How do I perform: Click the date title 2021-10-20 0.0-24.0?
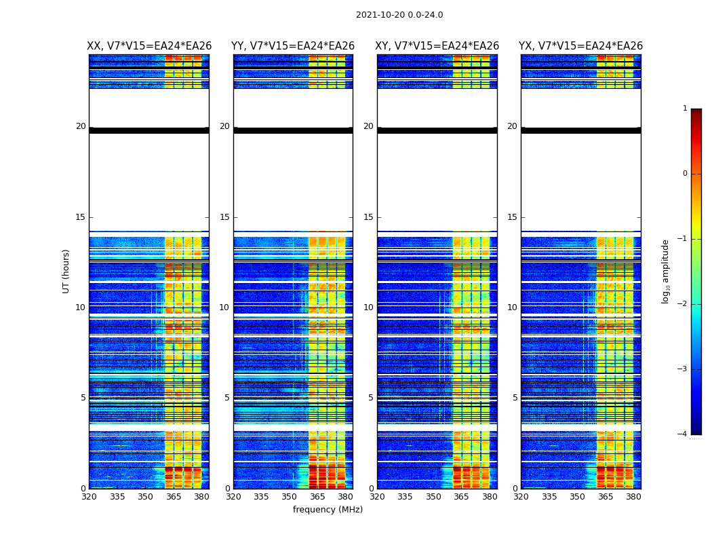(x=399, y=15)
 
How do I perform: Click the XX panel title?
(x=149, y=46)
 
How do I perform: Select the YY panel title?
(x=293, y=46)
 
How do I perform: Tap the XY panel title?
(x=437, y=46)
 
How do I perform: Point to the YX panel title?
(x=580, y=46)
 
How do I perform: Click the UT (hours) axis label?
(x=66, y=271)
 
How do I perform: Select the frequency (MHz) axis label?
(x=328, y=510)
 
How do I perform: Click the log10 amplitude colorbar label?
(x=666, y=271)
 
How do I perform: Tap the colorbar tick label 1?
(x=684, y=109)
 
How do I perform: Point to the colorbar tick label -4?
(x=683, y=434)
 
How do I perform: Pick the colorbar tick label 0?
(x=684, y=174)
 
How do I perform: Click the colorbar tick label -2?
(x=683, y=304)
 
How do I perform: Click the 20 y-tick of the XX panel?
(x=81, y=126)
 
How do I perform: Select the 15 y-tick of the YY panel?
(x=224, y=217)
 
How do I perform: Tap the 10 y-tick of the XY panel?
(x=368, y=307)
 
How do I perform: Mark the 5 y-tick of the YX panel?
(x=515, y=398)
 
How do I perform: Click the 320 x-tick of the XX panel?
(x=89, y=497)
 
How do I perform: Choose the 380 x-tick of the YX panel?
(x=633, y=497)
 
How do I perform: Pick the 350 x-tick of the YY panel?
(x=290, y=497)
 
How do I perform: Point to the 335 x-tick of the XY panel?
(x=406, y=497)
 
